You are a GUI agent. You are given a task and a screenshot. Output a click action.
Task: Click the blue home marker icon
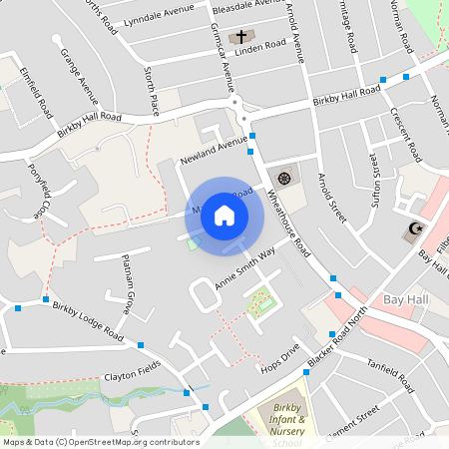tap(224, 216)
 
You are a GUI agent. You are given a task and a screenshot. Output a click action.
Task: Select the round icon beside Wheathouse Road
tap(284, 178)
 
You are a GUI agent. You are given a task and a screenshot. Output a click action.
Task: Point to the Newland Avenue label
tap(213, 151)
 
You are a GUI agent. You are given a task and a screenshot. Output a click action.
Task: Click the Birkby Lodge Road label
tap(88, 321)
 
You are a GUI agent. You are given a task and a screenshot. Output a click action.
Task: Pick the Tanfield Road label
tap(390, 376)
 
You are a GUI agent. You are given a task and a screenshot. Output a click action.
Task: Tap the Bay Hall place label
tap(404, 299)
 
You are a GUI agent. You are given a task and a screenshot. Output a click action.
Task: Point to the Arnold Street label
tap(331, 196)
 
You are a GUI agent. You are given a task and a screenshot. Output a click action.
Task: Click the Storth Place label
tap(152, 89)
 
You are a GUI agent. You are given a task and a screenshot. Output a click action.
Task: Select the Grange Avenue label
tap(79, 76)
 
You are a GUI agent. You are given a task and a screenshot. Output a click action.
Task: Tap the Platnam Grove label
tap(127, 284)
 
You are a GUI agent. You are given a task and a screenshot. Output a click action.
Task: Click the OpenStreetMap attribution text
tap(101, 442)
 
